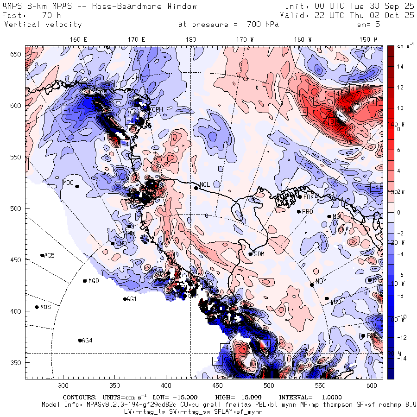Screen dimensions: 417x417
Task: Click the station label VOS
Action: click(x=45, y=307)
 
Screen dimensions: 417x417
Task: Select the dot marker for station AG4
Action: click(x=80, y=341)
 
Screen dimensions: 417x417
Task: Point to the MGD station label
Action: click(x=94, y=281)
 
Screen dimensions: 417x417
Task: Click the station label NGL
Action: click(x=204, y=184)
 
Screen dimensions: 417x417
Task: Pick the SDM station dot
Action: click(x=251, y=254)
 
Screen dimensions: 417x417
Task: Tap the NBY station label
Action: click(x=321, y=281)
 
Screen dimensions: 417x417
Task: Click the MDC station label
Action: click(x=68, y=183)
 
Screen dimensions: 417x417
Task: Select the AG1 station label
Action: click(x=132, y=299)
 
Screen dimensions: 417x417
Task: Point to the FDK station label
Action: click(x=309, y=197)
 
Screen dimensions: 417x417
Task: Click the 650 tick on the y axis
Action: click(x=17, y=55)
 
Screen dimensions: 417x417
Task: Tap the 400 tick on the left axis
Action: click(x=17, y=311)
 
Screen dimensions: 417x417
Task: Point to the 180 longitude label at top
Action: click(x=190, y=40)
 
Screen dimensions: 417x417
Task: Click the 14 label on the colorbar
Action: click(x=401, y=67)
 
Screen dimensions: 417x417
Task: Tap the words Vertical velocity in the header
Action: click(x=43, y=25)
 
